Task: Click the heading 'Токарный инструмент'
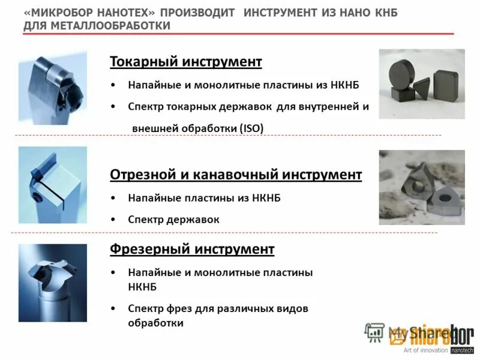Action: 186,62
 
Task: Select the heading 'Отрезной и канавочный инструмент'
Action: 236,175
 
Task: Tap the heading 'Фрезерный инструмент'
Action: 192,248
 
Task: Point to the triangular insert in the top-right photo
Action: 422,89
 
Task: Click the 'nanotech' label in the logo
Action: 461,350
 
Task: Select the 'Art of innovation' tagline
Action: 425,350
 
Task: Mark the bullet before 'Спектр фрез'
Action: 115,308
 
